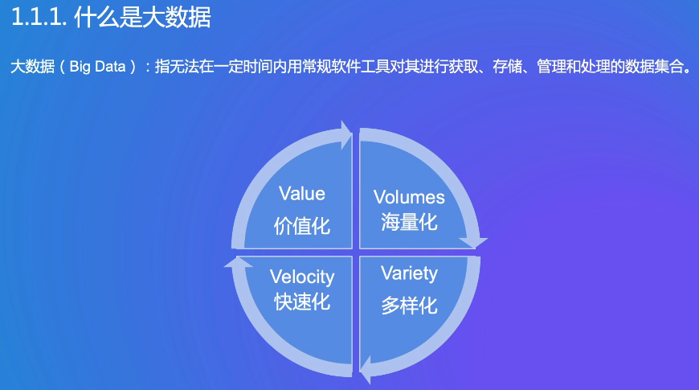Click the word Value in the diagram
[302, 194]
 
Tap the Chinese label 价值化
[302, 226]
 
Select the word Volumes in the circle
[409, 197]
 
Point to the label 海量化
[409, 222]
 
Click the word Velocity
[302, 277]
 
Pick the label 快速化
[302, 302]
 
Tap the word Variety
[409, 273]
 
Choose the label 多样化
[409, 306]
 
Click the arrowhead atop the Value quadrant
[346, 135]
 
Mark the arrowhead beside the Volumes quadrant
[473, 242]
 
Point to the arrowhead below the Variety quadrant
[365, 369]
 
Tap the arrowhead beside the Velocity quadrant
[238, 262]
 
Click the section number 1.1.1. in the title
[39, 18]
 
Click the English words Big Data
[98, 67]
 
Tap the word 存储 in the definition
[507, 67]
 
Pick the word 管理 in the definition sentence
[551, 67]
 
